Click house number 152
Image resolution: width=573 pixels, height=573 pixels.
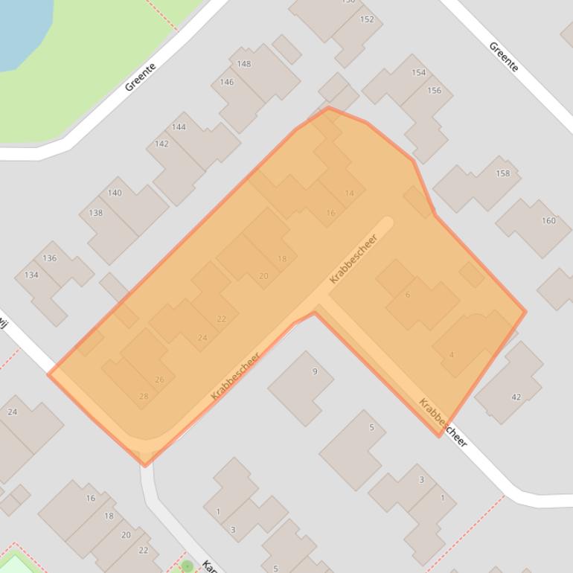[x=367, y=19]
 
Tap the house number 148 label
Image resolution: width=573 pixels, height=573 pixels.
[x=244, y=64]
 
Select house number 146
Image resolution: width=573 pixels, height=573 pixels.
[x=227, y=82]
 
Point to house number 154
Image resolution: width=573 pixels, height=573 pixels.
[x=419, y=73]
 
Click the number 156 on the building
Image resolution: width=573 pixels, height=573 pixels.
[x=434, y=91]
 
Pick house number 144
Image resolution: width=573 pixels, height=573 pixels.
[x=179, y=127]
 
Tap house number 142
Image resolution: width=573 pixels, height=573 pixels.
[x=161, y=144]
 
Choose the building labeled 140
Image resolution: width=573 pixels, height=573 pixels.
[x=115, y=193]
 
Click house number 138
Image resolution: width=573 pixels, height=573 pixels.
[x=96, y=213]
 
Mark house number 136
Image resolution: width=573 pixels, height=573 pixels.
[x=50, y=258]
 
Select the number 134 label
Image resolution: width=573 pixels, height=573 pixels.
[x=31, y=275]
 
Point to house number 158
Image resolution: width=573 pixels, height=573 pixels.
[x=503, y=173]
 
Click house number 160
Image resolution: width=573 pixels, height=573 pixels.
[x=548, y=220]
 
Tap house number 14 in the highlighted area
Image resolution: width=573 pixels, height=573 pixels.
[x=350, y=193]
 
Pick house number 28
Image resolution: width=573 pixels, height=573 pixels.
[x=144, y=397]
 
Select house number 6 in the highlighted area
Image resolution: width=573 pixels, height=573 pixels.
[x=408, y=295]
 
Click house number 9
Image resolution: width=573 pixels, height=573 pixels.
[x=315, y=371]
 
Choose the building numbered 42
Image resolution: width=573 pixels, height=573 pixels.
[x=516, y=397]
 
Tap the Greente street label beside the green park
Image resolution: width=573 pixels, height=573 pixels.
[x=140, y=77]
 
